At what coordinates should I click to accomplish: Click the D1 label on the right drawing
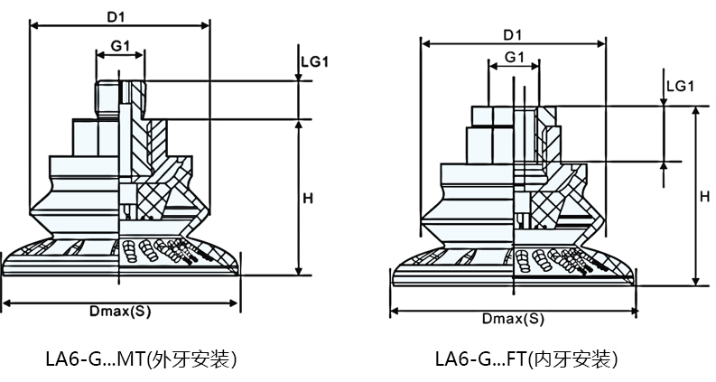(513, 34)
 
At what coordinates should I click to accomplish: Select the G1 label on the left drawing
(121, 45)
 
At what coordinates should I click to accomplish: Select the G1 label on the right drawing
(515, 57)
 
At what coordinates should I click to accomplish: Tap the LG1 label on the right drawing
(679, 86)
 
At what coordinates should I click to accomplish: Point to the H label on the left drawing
(307, 198)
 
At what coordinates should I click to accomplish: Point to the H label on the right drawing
(704, 195)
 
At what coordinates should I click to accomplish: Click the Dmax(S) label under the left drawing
(120, 312)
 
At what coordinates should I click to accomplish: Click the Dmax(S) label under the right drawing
(513, 320)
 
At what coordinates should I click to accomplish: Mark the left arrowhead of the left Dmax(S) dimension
(6, 302)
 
